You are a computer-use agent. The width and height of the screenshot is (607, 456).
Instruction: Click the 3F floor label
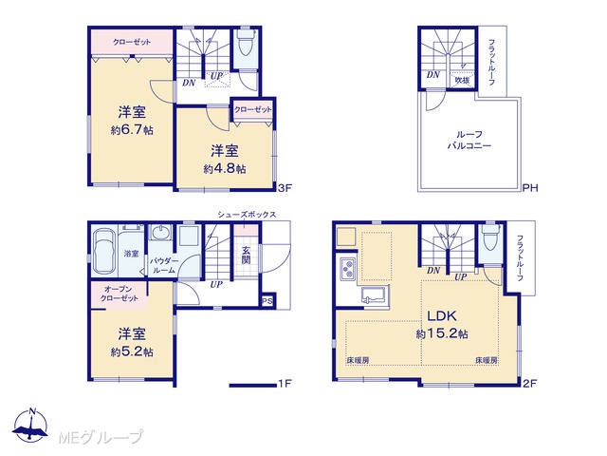coord(285,188)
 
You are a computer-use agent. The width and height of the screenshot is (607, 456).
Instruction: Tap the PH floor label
coord(530,188)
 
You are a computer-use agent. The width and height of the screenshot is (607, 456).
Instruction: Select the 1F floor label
coord(285,384)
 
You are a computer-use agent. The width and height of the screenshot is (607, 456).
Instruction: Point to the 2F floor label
coord(530,384)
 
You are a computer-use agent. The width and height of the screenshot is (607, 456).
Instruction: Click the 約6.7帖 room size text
coord(132,130)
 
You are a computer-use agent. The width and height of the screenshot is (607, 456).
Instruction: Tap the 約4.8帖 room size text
coord(225,169)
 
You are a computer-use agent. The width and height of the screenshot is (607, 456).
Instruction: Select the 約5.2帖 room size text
coord(132,351)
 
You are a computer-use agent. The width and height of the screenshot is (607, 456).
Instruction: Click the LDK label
coord(442,316)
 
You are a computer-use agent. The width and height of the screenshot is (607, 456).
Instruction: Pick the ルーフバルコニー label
coord(469,140)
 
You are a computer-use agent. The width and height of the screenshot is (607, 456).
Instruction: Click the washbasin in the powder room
coord(160,233)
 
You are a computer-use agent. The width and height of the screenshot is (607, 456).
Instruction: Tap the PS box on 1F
coord(267,301)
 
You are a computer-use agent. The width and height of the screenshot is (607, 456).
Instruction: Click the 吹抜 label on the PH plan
coord(462,80)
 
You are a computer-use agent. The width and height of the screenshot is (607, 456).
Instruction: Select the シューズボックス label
coord(247,215)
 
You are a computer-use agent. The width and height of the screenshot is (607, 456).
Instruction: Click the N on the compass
coord(32,411)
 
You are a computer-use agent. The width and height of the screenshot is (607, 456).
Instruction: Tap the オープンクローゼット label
coord(120,294)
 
